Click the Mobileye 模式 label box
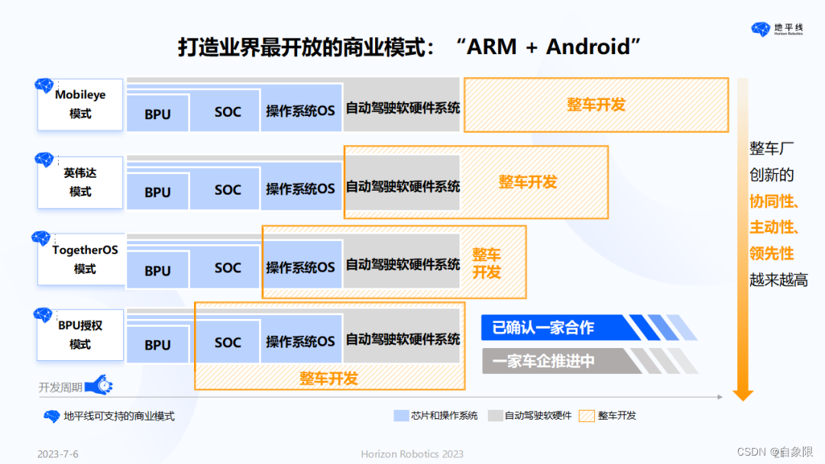[x=80, y=105]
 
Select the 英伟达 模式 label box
[x=80, y=182]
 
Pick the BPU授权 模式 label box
[x=80, y=334]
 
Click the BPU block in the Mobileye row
[x=157, y=114]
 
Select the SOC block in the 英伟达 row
[x=228, y=190]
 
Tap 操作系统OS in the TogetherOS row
[x=300, y=267]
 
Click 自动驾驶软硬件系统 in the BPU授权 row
[x=403, y=340]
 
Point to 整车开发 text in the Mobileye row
[x=596, y=105]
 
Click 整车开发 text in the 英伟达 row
[x=528, y=182]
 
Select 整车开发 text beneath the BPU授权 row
[x=328, y=378]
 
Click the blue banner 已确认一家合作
[x=543, y=328]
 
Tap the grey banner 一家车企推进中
[x=543, y=361]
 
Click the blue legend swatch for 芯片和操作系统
[x=402, y=416]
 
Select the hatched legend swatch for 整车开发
[x=586, y=416]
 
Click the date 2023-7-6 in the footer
[x=58, y=454]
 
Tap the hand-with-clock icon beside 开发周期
[x=99, y=385]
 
